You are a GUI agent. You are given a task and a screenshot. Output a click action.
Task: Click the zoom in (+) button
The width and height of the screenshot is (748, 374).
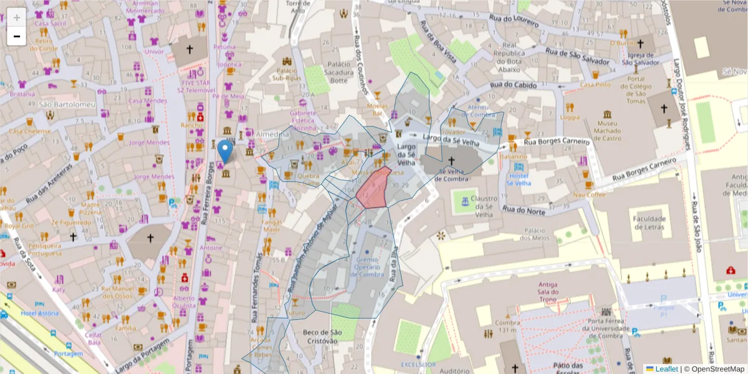pyautogui.click(x=17, y=17)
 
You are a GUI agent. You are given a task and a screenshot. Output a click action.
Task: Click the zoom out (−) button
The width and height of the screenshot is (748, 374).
pyautogui.click(x=17, y=36)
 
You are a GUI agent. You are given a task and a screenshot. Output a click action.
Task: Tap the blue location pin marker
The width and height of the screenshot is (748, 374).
pyautogui.click(x=225, y=151)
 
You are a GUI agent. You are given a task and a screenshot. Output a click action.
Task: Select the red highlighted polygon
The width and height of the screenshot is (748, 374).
pyautogui.click(x=375, y=188)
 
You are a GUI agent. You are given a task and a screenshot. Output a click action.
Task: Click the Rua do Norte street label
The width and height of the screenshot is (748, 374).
pyautogui.click(x=524, y=209)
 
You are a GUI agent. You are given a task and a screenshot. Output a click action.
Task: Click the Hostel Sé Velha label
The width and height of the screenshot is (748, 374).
pyautogui.click(x=519, y=180)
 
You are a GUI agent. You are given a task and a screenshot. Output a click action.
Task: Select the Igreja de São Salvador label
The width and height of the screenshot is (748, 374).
pyautogui.click(x=640, y=58)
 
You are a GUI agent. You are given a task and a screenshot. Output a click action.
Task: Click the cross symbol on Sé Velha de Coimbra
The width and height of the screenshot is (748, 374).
pyautogui.click(x=451, y=161)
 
